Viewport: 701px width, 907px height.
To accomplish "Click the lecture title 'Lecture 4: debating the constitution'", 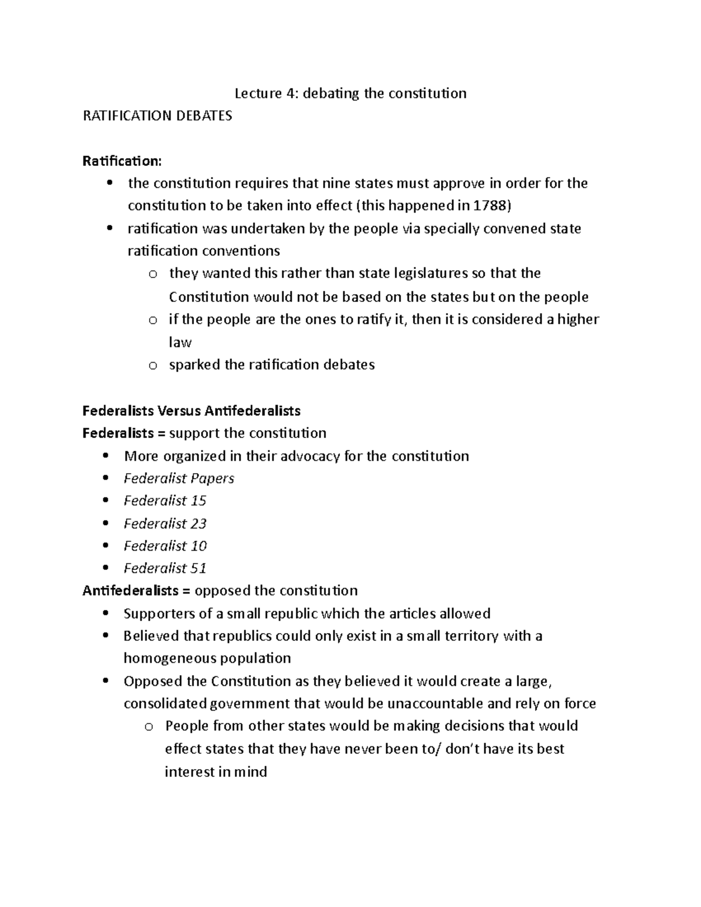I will (350, 93).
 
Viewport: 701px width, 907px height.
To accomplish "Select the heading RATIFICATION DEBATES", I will (157, 116).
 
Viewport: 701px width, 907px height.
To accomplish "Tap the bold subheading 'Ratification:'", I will (122, 161).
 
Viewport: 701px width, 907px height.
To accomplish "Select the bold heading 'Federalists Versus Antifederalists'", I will (191, 411).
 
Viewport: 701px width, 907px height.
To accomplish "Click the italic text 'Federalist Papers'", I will (179, 478).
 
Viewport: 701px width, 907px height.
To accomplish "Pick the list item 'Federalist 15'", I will (165, 501).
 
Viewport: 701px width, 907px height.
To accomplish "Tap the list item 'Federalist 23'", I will (165, 523).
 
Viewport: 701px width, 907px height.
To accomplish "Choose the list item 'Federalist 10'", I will (165, 545).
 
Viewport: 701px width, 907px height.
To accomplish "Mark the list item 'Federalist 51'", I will (165, 568).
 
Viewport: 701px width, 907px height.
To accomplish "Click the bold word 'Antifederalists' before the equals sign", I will (130, 590).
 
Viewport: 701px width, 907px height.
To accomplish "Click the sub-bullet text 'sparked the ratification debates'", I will (272, 365).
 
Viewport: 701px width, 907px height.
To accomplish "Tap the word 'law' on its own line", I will (180, 342).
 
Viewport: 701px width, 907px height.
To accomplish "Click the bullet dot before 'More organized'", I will (105, 456).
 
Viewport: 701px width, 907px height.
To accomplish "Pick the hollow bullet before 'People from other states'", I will (149, 727).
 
